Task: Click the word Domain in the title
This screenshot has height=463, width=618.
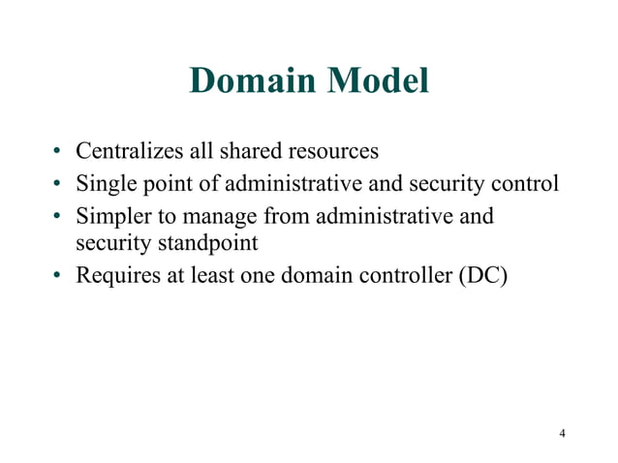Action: (x=254, y=81)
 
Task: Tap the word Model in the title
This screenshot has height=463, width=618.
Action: (x=379, y=81)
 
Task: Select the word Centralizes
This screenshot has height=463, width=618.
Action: (x=123, y=152)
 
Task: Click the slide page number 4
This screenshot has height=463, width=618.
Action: (x=562, y=432)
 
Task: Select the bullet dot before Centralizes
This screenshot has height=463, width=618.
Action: (x=58, y=153)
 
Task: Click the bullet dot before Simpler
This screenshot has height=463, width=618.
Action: (x=58, y=215)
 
